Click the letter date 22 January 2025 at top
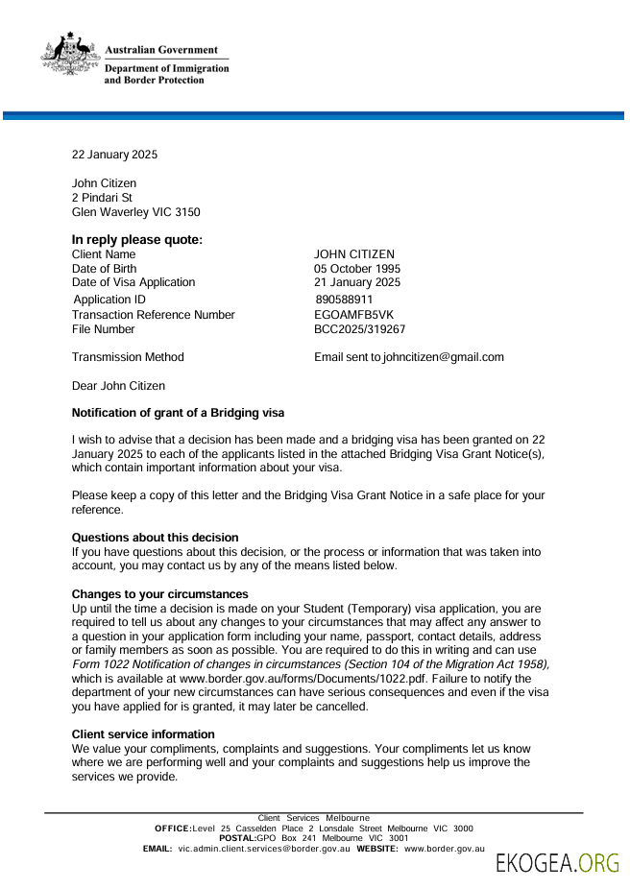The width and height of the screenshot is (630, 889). (x=114, y=155)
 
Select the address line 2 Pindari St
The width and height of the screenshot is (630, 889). (x=103, y=198)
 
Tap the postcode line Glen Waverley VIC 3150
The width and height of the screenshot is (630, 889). (x=135, y=212)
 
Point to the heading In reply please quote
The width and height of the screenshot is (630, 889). (x=137, y=240)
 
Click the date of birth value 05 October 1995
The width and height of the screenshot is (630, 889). (x=357, y=269)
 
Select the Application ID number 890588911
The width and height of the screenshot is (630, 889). (x=343, y=300)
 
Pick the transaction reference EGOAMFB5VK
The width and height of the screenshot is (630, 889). (x=353, y=315)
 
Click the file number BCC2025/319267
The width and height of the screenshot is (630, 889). (x=359, y=329)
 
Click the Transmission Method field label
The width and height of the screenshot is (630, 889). (x=128, y=357)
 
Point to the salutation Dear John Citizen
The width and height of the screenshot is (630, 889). (x=118, y=386)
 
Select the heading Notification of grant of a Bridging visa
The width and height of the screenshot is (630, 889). (x=178, y=414)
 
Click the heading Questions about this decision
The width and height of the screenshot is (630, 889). (x=155, y=538)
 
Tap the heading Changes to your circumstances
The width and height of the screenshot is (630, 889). (x=159, y=594)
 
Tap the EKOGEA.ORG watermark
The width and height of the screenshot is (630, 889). (x=557, y=863)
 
